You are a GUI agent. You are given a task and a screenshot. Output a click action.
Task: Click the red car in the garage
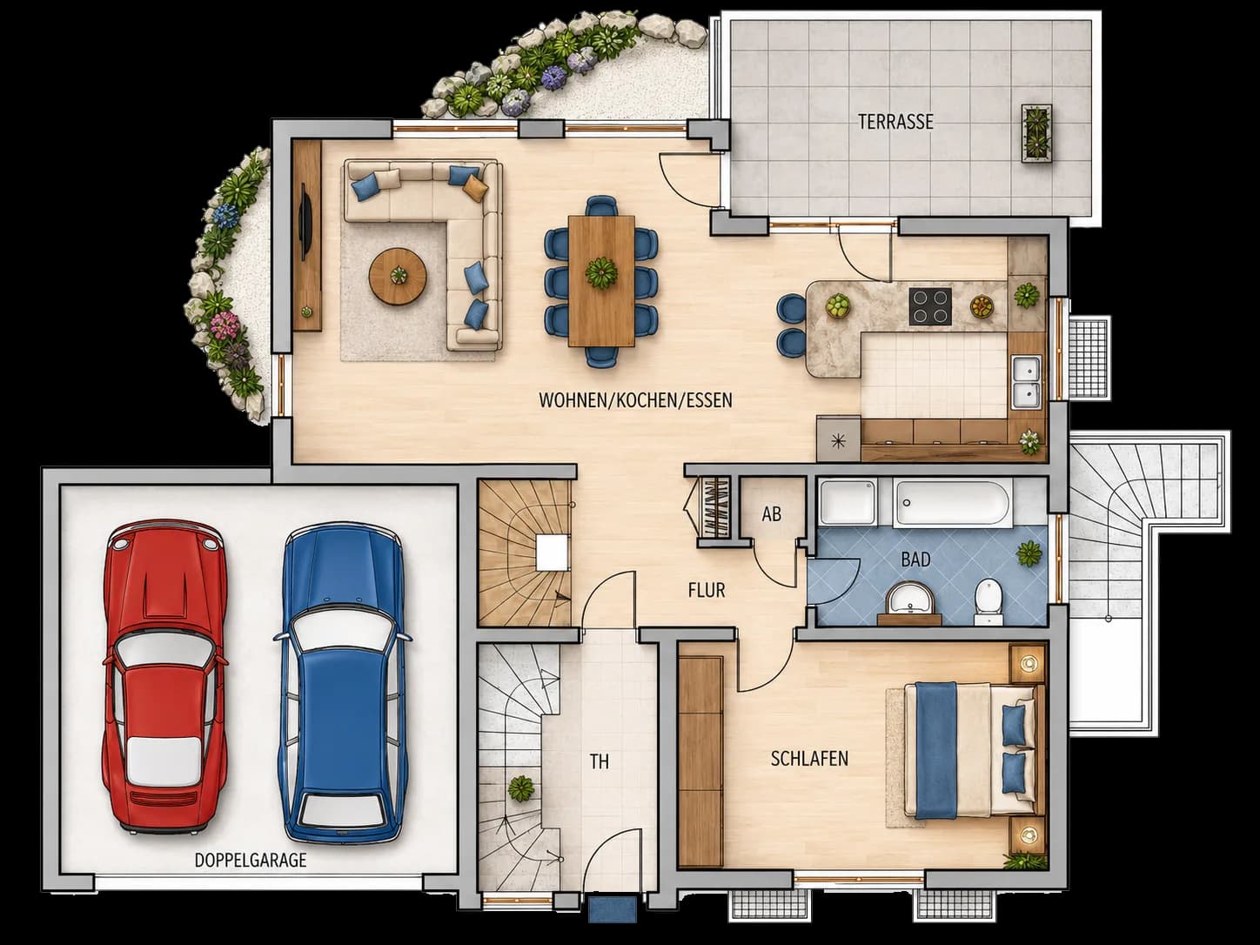click(164, 677)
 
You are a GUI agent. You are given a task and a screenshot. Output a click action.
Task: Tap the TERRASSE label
click(895, 122)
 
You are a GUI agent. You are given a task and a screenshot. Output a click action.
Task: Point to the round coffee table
click(399, 276)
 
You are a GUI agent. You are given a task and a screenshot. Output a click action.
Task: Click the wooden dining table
click(601, 281)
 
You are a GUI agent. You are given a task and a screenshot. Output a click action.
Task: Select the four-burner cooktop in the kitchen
click(930, 306)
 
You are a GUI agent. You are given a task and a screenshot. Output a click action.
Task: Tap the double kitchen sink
click(1026, 381)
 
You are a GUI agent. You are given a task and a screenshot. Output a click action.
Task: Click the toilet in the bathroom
click(989, 600)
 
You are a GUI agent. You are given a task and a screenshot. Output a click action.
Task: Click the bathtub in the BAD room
click(952, 503)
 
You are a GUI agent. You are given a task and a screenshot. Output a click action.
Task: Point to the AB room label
click(772, 514)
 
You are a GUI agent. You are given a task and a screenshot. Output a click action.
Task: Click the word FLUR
click(707, 591)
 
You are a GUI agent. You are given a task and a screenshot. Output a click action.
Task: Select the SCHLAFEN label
click(809, 759)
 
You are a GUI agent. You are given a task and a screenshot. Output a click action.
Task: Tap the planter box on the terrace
click(1036, 134)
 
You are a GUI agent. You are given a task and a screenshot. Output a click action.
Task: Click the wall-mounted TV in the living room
click(306, 222)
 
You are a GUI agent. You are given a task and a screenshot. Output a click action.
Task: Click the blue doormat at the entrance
click(613, 910)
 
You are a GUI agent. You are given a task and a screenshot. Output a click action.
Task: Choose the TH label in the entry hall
click(600, 762)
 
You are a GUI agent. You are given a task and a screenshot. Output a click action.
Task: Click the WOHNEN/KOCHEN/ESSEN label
click(635, 400)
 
